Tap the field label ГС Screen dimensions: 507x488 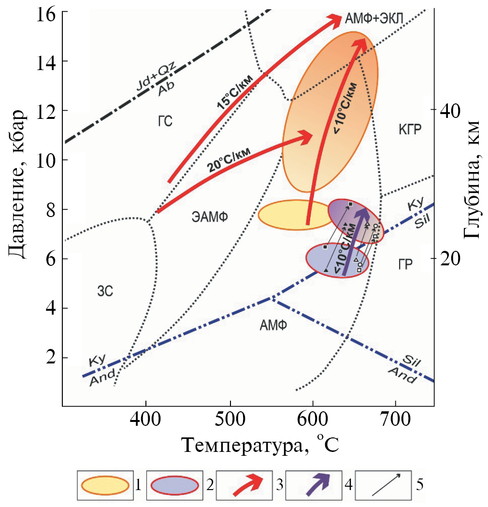tap(165, 121)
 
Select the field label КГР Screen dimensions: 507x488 tap(410, 130)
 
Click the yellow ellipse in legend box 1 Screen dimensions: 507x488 tap(105, 485)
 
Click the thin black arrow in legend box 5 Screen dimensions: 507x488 tap(386, 485)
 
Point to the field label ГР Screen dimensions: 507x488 tap(405, 265)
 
